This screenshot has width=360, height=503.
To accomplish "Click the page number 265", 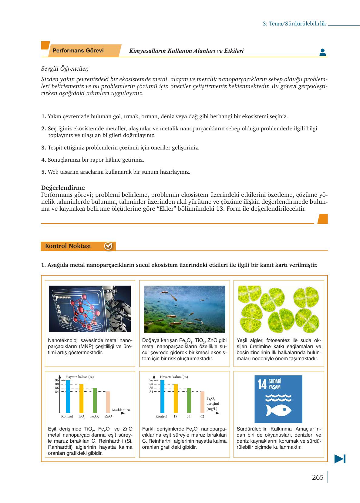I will [318, 477].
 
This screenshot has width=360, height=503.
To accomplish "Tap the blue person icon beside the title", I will [322, 52].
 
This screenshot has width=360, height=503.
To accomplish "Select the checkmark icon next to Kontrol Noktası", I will [108, 246].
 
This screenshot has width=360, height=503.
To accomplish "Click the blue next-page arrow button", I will [340, 459].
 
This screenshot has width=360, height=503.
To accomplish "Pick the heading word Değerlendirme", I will [63, 188].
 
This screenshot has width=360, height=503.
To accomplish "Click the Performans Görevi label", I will [78, 51].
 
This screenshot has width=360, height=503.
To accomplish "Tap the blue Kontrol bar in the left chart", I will [68, 396].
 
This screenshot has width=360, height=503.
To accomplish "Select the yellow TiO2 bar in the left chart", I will [81, 398].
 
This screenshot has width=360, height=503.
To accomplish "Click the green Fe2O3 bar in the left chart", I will [95, 400].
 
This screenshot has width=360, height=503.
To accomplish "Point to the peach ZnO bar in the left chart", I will [108, 402].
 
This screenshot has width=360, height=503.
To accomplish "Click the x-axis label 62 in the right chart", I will [202, 416].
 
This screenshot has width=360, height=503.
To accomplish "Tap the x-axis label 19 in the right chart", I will [175, 416].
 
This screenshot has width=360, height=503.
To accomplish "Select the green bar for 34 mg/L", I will [189, 400].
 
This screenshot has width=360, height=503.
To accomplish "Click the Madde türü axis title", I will [121, 410].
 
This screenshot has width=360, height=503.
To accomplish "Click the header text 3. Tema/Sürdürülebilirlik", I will [294, 24].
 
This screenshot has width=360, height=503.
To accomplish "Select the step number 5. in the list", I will [44, 172].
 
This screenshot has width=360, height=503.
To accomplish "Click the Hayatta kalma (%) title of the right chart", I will [174, 377].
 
